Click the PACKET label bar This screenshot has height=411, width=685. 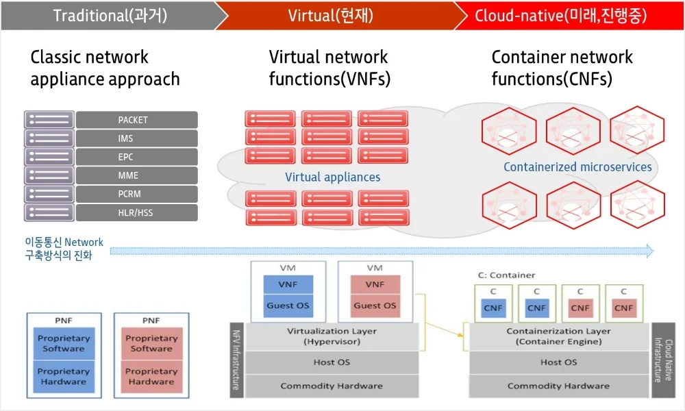tap(136, 120)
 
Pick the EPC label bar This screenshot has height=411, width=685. tap(136, 157)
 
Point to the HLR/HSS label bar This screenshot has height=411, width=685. tap(136, 212)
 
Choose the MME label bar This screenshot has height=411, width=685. tap(136, 175)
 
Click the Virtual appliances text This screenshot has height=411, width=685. tap(332, 177)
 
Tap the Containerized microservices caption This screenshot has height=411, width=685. tap(577, 167)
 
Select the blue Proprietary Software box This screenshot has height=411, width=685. tap(64, 343)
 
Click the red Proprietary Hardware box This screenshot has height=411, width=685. tap(151, 376)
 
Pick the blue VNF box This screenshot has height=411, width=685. tap(288, 284)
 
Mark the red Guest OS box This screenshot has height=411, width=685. tap(375, 306)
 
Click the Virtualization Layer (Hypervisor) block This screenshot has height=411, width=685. tap(332, 336)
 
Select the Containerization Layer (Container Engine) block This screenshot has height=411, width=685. tap(559, 336)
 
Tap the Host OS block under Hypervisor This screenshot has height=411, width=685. tap(332, 362)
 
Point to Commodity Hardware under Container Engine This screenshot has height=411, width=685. tap(559, 386)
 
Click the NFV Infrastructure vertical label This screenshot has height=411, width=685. tap(236, 360)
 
